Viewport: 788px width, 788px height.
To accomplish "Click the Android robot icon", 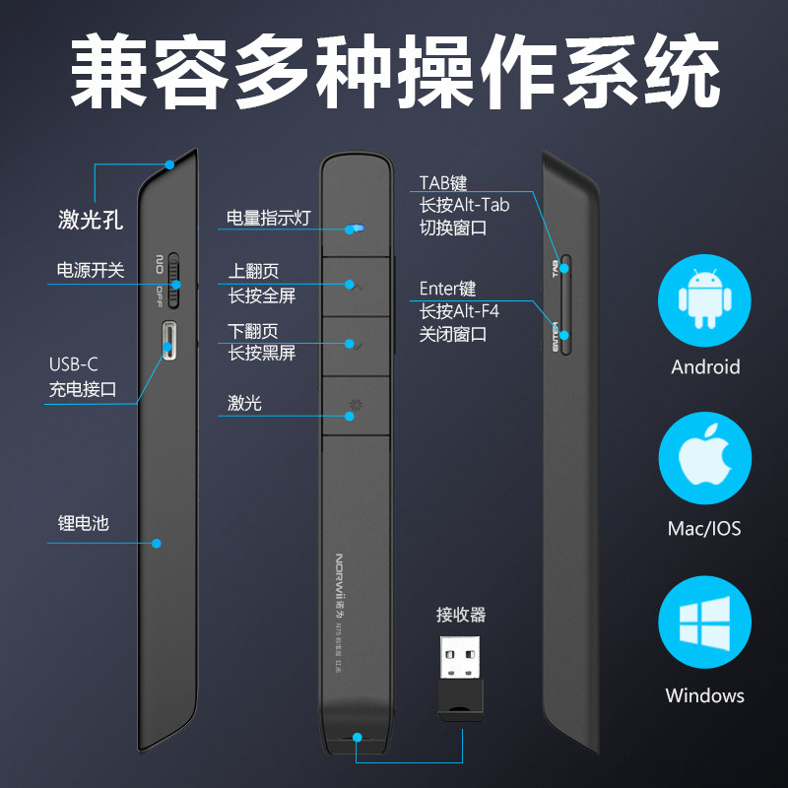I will pyautogui.click(x=705, y=298).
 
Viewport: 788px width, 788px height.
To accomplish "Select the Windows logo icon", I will pyautogui.click(x=705, y=624).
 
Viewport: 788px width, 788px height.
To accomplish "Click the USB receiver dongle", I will pyautogui.click(x=462, y=678).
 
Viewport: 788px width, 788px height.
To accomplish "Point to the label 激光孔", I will pyautogui.click(x=91, y=220).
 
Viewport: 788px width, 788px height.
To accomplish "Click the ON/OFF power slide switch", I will pyautogui.click(x=174, y=280).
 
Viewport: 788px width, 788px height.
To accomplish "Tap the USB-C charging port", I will pyautogui.click(x=171, y=340).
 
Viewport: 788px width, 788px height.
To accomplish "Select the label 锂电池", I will pyautogui.click(x=84, y=523).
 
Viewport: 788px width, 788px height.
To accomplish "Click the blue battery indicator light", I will pyautogui.click(x=355, y=228).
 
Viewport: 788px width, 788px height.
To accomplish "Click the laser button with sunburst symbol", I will pyautogui.click(x=355, y=405).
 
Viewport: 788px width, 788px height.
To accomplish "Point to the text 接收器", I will pyautogui.click(x=461, y=615).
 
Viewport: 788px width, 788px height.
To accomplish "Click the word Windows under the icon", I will pyautogui.click(x=705, y=695).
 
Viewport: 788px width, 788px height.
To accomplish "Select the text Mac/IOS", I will pyautogui.click(x=704, y=529).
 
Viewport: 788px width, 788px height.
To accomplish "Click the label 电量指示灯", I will pyautogui.click(x=268, y=218).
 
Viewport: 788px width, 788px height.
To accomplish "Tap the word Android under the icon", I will pyautogui.click(x=705, y=367).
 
